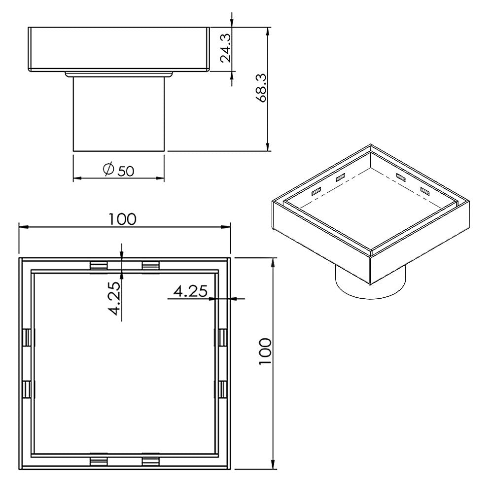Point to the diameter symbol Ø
(108, 170)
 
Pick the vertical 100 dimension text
(265, 351)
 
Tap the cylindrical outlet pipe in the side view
(118, 113)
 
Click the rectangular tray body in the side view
(118, 49)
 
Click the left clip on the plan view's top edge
(99, 266)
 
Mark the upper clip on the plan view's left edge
(27, 337)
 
